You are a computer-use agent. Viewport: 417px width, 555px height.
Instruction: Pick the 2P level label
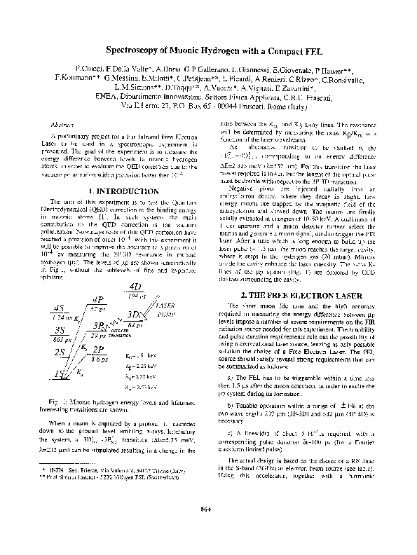(x=97, y=350)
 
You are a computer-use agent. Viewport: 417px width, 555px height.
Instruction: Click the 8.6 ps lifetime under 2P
(x=99, y=359)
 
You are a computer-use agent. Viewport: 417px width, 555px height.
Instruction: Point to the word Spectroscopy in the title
(x=138, y=52)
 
